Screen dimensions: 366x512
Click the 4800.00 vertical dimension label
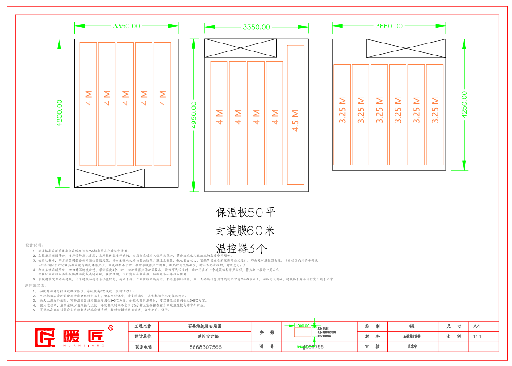tap(59, 113)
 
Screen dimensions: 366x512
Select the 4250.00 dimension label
tap(465, 104)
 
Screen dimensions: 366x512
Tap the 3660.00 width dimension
tap(389, 26)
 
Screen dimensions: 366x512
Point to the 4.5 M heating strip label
tap(296, 120)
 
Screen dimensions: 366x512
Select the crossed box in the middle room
tap(240, 48)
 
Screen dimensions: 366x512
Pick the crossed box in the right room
tap(406, 48)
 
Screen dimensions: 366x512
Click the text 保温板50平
tap(246, 213)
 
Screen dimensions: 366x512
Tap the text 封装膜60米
tap(245, 230)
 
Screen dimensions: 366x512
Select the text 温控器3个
tap(242, 248)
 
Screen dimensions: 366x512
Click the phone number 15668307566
tap(203, 347)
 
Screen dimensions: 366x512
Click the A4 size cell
tap(477, 326)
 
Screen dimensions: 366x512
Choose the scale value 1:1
tap(477, 336)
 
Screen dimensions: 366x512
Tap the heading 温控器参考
tap(35, 286)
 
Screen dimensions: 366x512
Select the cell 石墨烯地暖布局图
tap(204, 326)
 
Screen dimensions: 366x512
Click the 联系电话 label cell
tap(143, 347)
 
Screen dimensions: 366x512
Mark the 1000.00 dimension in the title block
tap(302, 326)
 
